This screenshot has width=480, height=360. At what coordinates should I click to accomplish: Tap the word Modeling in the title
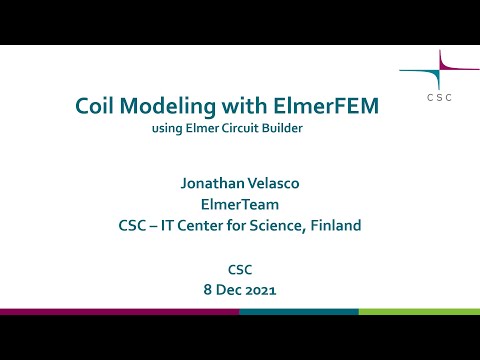(171, 107)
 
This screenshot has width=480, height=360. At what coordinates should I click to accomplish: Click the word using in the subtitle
(166, 128)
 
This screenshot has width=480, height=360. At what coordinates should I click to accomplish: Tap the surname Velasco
(274, 184)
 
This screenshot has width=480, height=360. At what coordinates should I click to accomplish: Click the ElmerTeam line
(239, 205)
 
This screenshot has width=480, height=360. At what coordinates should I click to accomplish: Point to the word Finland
(332, 226)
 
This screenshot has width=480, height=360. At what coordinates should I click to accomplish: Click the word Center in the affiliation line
(205, 226)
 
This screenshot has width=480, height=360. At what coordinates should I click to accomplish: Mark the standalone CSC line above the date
(239, 268)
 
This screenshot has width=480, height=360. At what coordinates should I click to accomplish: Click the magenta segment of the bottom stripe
(119, 312)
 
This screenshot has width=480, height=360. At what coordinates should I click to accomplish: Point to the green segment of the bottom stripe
(419, 312)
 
